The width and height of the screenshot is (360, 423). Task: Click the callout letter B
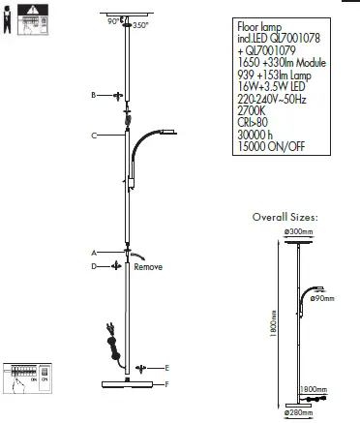(92, 96)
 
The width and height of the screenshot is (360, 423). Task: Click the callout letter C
(94, 136)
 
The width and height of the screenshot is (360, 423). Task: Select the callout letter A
(92, 252)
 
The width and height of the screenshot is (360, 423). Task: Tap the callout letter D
(93, 265)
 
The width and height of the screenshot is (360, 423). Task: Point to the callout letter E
(167, 368)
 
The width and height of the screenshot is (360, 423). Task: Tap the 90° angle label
(112, 20)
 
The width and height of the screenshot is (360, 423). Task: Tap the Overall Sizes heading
(285, 219)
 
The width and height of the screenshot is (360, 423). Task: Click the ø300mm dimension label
(298, 232)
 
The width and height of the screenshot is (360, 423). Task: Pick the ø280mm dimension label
(298, 413)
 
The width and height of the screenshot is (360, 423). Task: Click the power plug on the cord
(108, 338)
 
